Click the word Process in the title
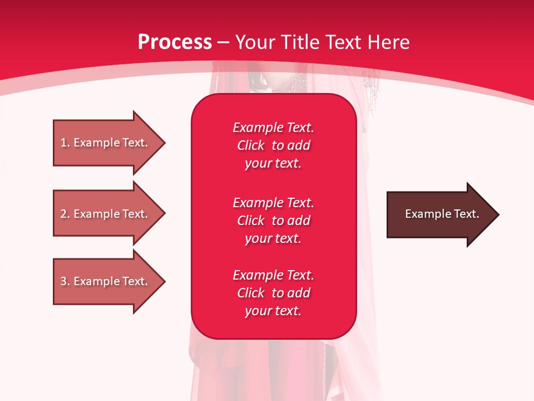175,42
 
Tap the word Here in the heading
389,42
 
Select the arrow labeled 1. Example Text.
106,143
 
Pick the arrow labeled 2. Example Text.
106,214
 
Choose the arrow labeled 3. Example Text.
106,281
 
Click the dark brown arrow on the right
439,214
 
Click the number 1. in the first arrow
65,143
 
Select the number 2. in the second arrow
65,214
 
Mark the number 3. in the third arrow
65,281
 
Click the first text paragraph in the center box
273,145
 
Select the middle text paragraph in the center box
273,221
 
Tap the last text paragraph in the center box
273,293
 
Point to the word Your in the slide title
255,42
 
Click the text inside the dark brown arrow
442,214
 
